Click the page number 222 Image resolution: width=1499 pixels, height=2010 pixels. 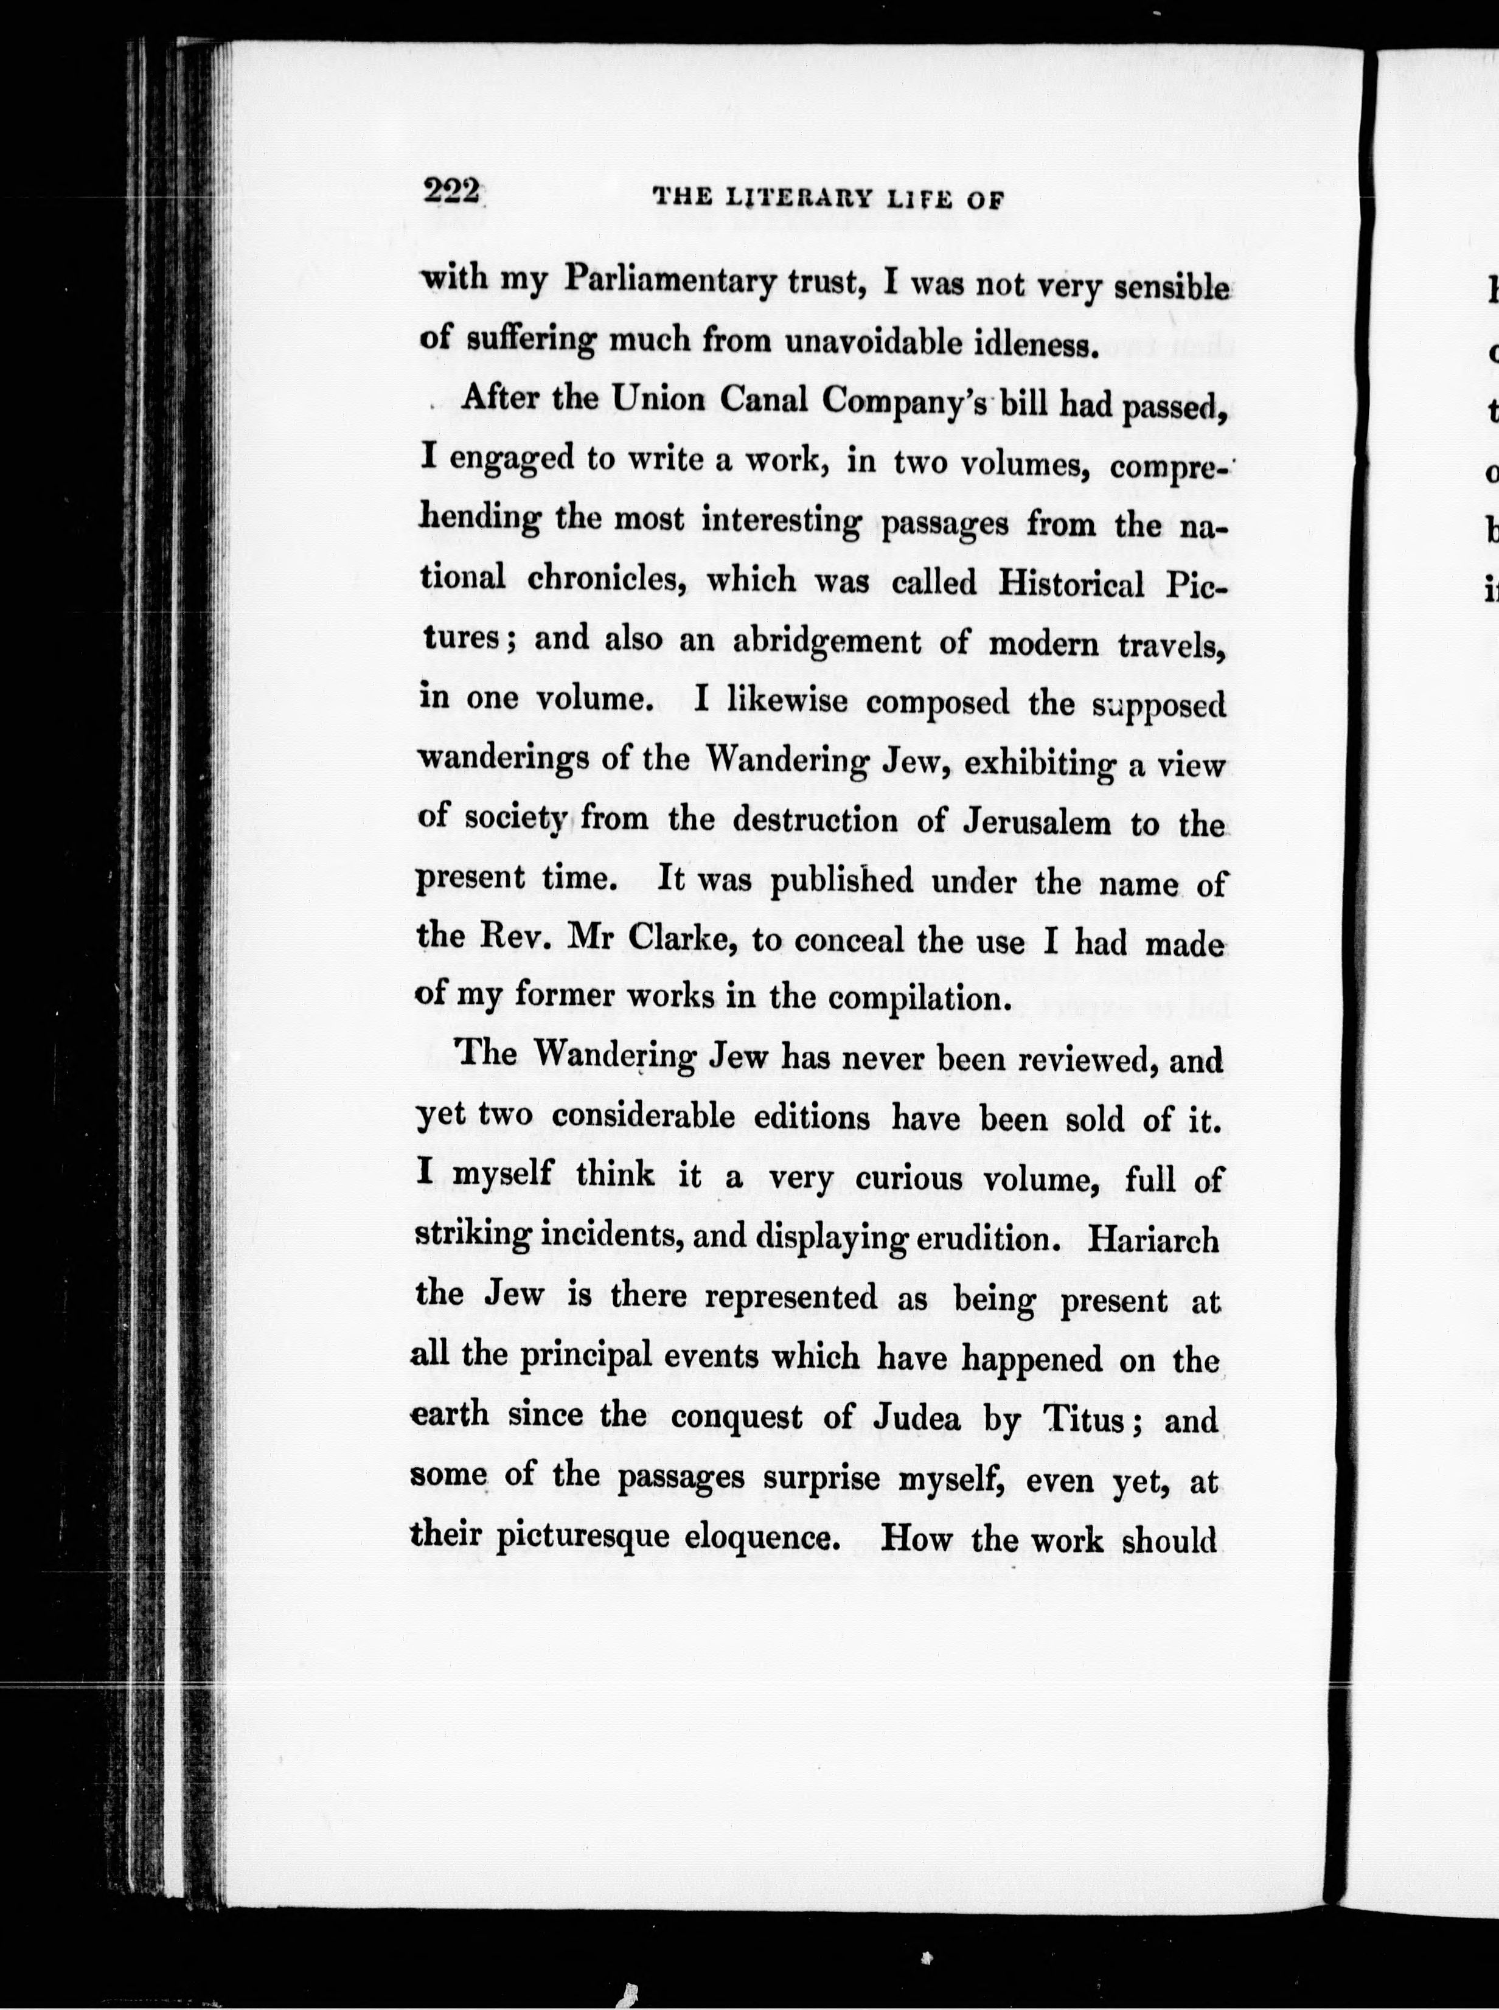[450, 192]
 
